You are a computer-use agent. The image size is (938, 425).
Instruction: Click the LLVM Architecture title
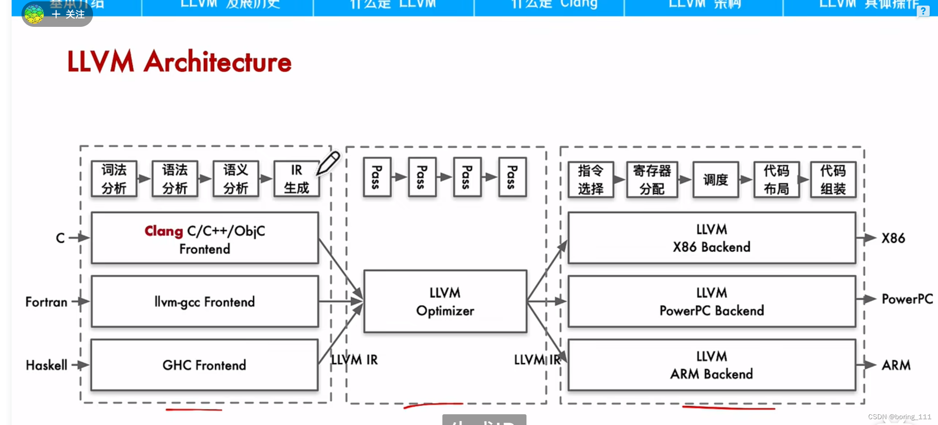click(x=179, y=62)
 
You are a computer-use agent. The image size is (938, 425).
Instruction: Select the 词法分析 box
click(x=114, y=179)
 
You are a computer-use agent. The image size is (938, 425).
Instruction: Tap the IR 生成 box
click(x=297, y=179)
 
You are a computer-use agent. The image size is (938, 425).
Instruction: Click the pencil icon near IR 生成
click(x=328, y=163)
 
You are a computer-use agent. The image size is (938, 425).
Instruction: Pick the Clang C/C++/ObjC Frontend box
click(x=205, y=238)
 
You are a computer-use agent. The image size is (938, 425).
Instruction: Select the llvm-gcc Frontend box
click(x=205, y=302)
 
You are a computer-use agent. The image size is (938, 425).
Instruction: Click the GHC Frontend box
click(x=205, y=365)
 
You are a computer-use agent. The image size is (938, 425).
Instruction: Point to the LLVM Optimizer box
click(x=445, y=302)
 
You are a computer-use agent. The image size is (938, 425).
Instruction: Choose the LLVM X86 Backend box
click(x=711, y=238)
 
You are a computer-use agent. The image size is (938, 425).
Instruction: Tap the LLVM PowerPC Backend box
click(x=711, y=302)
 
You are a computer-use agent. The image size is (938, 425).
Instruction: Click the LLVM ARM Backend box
click(x=711, y=365)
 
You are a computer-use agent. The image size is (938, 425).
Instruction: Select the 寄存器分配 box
click(x=652, y=180)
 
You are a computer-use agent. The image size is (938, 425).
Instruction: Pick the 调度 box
click(x=715, y=180)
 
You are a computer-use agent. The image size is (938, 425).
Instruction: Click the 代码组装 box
click(x=833, y=180)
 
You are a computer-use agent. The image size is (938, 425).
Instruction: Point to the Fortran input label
click(x=47, y=302)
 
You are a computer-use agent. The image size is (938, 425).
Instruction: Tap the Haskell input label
click(x=47, y=365)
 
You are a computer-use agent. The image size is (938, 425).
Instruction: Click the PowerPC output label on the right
click(x=907, y=299)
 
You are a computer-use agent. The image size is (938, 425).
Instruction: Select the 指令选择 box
click(x=590, y=180)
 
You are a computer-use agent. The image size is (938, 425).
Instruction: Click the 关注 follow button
click(x=68, y=14)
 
